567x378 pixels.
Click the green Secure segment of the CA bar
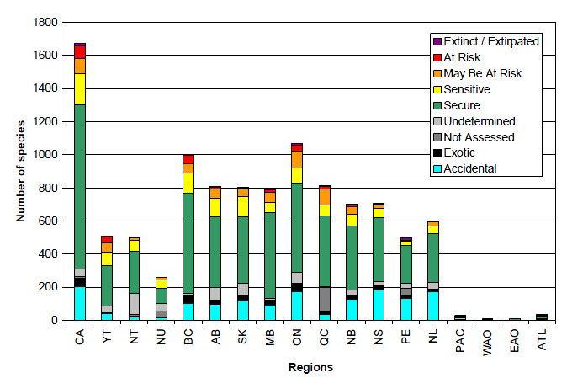click(x=80, y=177)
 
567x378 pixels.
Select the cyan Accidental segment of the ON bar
click(x=297, y=306)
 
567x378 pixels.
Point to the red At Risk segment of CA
click(x=80, y=52)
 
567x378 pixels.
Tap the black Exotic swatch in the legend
click(x=437, y=152)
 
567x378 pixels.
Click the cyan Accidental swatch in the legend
click(x=437, y=168)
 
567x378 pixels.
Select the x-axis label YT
click(x=107, y=341)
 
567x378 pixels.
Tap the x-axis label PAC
click(x=460, y=344)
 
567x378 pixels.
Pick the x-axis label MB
click(x=270, y=341)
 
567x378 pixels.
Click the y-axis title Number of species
click(x=19, y=172)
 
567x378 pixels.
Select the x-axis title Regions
click(x=311, y=367)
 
